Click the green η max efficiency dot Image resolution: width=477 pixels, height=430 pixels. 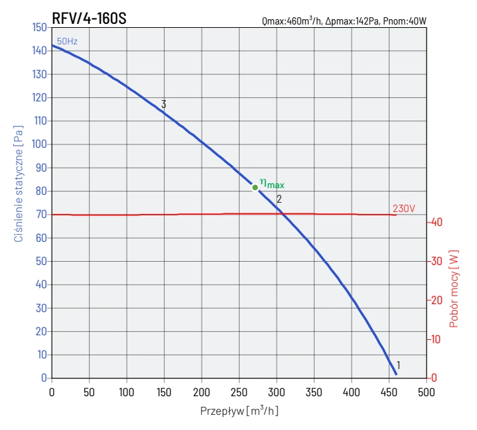click(255, 188)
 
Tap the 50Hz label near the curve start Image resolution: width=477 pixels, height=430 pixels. click(67, 42)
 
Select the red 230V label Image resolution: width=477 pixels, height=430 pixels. click(403, 208)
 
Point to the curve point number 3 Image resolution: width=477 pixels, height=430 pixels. click(163, 105)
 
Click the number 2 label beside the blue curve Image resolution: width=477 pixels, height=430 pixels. click(279, 199)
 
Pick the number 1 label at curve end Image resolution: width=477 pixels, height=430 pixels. click(398, 365)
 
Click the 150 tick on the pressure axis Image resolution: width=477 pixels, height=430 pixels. click(39, 28)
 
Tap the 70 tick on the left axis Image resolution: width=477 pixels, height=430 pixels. click(41, 215)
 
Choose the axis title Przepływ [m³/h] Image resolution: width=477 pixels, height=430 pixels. click(239, 411)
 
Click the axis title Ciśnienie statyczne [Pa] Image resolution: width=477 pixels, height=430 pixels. click(19, 176)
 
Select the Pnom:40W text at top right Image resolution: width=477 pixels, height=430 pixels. click(405, 22)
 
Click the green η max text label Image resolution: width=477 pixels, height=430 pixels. click(272, 184)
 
